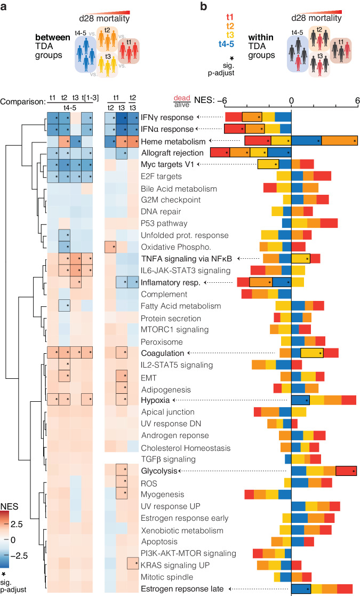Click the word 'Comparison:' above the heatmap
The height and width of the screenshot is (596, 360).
[x=22, y=101]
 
